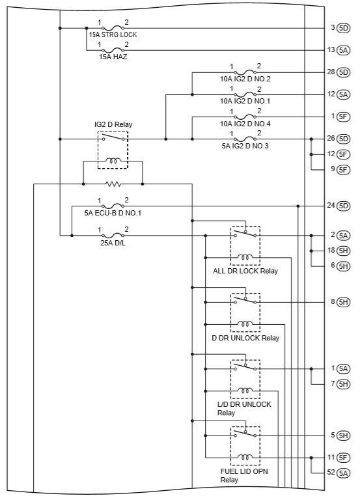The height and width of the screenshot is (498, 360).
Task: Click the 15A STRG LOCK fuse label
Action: click(x=113, y=35)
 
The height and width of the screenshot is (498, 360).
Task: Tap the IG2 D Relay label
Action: click(x=113, y=124)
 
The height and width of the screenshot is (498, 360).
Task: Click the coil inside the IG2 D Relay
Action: click(x=113, y=161)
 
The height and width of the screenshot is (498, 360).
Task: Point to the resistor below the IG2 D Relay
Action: click(x=113, y=184)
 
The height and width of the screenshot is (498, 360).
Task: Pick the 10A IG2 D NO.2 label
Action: click(x=245, y=79)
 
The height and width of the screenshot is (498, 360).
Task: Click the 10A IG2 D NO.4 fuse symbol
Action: click(x=245, y=117)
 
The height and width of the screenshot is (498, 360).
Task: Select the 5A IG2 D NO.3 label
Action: click(x=245, y=146)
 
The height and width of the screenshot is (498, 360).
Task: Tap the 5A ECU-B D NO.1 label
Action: click(x=113, y=213)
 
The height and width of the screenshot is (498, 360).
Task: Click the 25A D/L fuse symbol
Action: click(x=113, y=236)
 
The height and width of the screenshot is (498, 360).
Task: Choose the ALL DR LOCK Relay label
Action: click(x=245, y=271)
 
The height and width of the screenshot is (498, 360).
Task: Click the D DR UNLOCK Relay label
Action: click(x=245, y=338)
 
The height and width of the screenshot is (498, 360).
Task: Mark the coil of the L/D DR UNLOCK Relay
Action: click(x=245, y=391)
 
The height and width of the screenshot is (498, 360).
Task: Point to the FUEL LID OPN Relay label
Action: click(x=244, y=475)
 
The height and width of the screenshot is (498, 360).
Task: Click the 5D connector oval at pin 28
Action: click(x=344, y=72)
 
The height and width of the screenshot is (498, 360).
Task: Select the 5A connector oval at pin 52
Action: click(x=344, y=473)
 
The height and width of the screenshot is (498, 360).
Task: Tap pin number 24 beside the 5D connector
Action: click(x=331, y=206)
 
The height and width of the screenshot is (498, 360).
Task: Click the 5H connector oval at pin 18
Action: click(x=344, y=251)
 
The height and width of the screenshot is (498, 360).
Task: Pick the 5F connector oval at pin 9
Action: click(x=344, y=170)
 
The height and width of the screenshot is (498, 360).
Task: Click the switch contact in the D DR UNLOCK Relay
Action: click(x=245, y=300)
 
